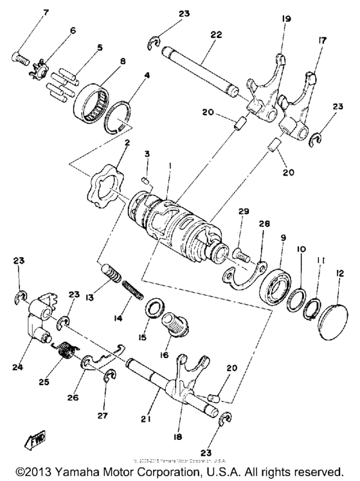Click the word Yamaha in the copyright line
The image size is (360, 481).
(98, 469)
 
